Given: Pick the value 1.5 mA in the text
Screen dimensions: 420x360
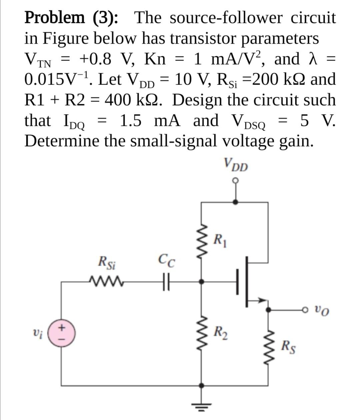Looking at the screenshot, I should tap(150, 121).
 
